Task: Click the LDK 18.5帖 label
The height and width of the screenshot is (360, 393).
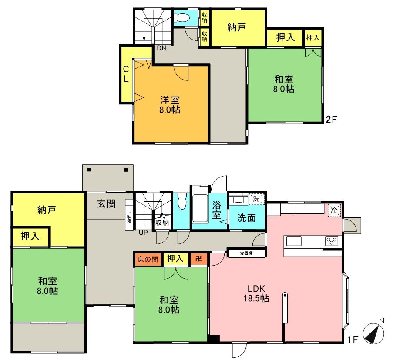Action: click(256, 293)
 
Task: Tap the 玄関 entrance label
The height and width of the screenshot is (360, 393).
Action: click(107, 204)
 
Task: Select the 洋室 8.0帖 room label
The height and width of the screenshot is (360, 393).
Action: click(170, 105)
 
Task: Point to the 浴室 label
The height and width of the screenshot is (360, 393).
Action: click(217, 210)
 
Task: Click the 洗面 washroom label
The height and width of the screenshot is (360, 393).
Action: click(246, 218)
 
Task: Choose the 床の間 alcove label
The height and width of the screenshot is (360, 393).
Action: click(148, 259)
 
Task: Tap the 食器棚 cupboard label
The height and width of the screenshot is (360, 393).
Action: click(246, 253)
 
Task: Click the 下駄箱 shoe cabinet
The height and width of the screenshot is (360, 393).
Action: click(129, 215)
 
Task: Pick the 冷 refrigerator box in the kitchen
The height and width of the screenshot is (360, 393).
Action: click(334, 210)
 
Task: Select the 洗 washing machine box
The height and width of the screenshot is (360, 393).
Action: click(256, 199)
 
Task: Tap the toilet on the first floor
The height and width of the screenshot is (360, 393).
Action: click(181, 202)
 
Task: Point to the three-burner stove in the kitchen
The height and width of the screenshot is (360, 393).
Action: click(332, 241)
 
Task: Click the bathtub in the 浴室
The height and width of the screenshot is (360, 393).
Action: click(200, 208)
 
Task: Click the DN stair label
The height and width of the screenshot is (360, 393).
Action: click(161, 48)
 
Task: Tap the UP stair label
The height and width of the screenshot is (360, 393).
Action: click(143, 233)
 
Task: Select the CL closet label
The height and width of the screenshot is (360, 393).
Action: click(126, 74)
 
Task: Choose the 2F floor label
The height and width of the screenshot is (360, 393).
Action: click(331, 120)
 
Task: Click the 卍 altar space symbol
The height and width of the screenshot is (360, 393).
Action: click(198, 259)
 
